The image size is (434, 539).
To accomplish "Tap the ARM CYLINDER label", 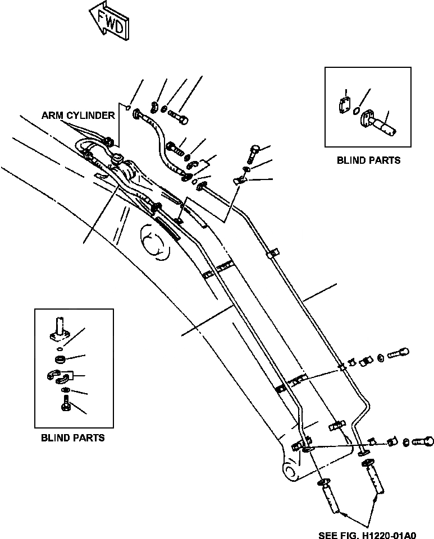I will click(x=78, y=116).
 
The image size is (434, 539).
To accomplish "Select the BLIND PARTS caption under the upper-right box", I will click(x=368, y=160).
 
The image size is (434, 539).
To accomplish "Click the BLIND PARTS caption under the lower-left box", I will click(x=73, y=437).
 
